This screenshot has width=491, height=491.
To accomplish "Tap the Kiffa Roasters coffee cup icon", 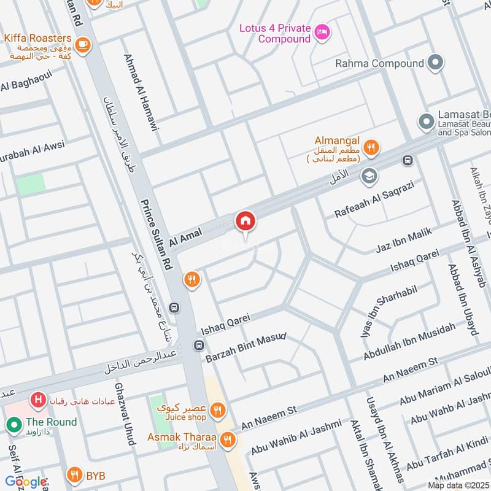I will [83, 44].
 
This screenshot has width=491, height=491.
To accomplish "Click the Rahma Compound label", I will [379, 63].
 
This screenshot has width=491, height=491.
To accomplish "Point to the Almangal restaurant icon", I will [371, 147].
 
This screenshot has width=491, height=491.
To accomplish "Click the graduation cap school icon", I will [369, 176].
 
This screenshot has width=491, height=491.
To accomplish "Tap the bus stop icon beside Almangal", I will [407, 161].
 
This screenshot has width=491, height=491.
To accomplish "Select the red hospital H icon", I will [39, 400].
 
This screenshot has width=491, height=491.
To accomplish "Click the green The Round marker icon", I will [13, 423].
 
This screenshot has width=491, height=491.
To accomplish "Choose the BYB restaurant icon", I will [74, 474].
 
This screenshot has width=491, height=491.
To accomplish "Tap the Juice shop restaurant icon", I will [216, 410].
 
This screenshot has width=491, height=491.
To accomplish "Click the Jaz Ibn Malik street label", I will [404, 240].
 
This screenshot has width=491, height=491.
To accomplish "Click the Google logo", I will [26, 482].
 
